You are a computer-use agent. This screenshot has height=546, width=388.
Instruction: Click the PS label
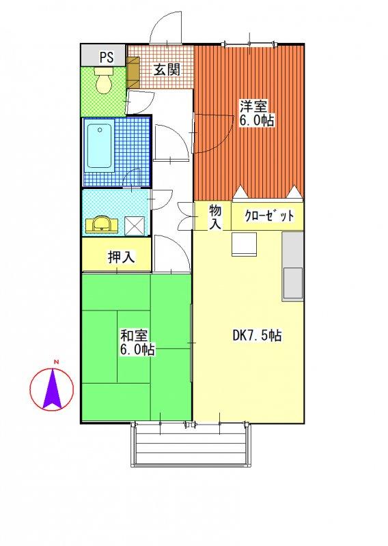point(107,57)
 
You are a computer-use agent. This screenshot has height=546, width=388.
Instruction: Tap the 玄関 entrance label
point(167,70)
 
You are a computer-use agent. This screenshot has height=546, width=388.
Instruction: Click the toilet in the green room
point(104,80)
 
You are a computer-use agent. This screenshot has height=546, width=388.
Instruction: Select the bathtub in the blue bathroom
point(99,145)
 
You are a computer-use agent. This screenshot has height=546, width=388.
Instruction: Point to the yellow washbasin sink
point(102,224)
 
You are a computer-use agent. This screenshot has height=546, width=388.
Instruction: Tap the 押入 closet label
point(121,257)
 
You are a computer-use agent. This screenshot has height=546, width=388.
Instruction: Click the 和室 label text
point(134,336)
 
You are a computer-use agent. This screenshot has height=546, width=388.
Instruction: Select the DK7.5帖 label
point(257,335)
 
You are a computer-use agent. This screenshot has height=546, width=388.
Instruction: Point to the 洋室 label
point(253,106)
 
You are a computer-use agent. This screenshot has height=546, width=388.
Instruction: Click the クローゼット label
point(268,216)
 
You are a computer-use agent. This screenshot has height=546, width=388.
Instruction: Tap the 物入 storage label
point(215,216)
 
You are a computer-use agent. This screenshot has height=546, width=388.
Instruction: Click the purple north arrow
point(53,388)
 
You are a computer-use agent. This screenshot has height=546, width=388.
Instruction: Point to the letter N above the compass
point(56,362)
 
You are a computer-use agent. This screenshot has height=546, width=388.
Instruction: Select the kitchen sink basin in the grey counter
point(292,283)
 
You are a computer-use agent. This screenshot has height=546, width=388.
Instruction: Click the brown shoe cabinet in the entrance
point(133,72)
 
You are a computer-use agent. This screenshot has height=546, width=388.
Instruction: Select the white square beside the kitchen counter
point(244,244)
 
